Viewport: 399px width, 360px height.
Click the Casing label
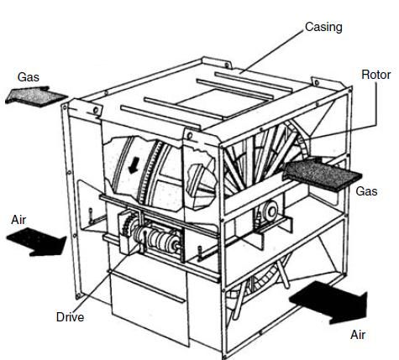(x=323, y=28)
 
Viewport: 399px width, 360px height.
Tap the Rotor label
(x=375, y=75)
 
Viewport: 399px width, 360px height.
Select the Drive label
(x=70, y=317)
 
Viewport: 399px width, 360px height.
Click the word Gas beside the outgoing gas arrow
(x=29, y=77)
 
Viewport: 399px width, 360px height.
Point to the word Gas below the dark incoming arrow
(x=366, y=191)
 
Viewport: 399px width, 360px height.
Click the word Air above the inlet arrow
(x=18, y=220)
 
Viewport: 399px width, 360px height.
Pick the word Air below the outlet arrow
(x=358, y=335)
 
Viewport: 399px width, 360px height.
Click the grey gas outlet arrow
(x=35, y=97)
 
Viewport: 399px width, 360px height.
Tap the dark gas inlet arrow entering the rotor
(x=322, y=174)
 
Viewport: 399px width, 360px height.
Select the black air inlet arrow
(x=37, y=242)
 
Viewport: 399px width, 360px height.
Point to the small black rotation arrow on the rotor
(x=134, y=165)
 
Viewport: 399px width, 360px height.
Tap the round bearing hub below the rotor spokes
(x=270, y=211)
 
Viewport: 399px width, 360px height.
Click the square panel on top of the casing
(x=221, y=102)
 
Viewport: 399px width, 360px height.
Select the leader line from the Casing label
(x=271, y=51)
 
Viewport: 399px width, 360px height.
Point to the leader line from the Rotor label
(x=354, y=120)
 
